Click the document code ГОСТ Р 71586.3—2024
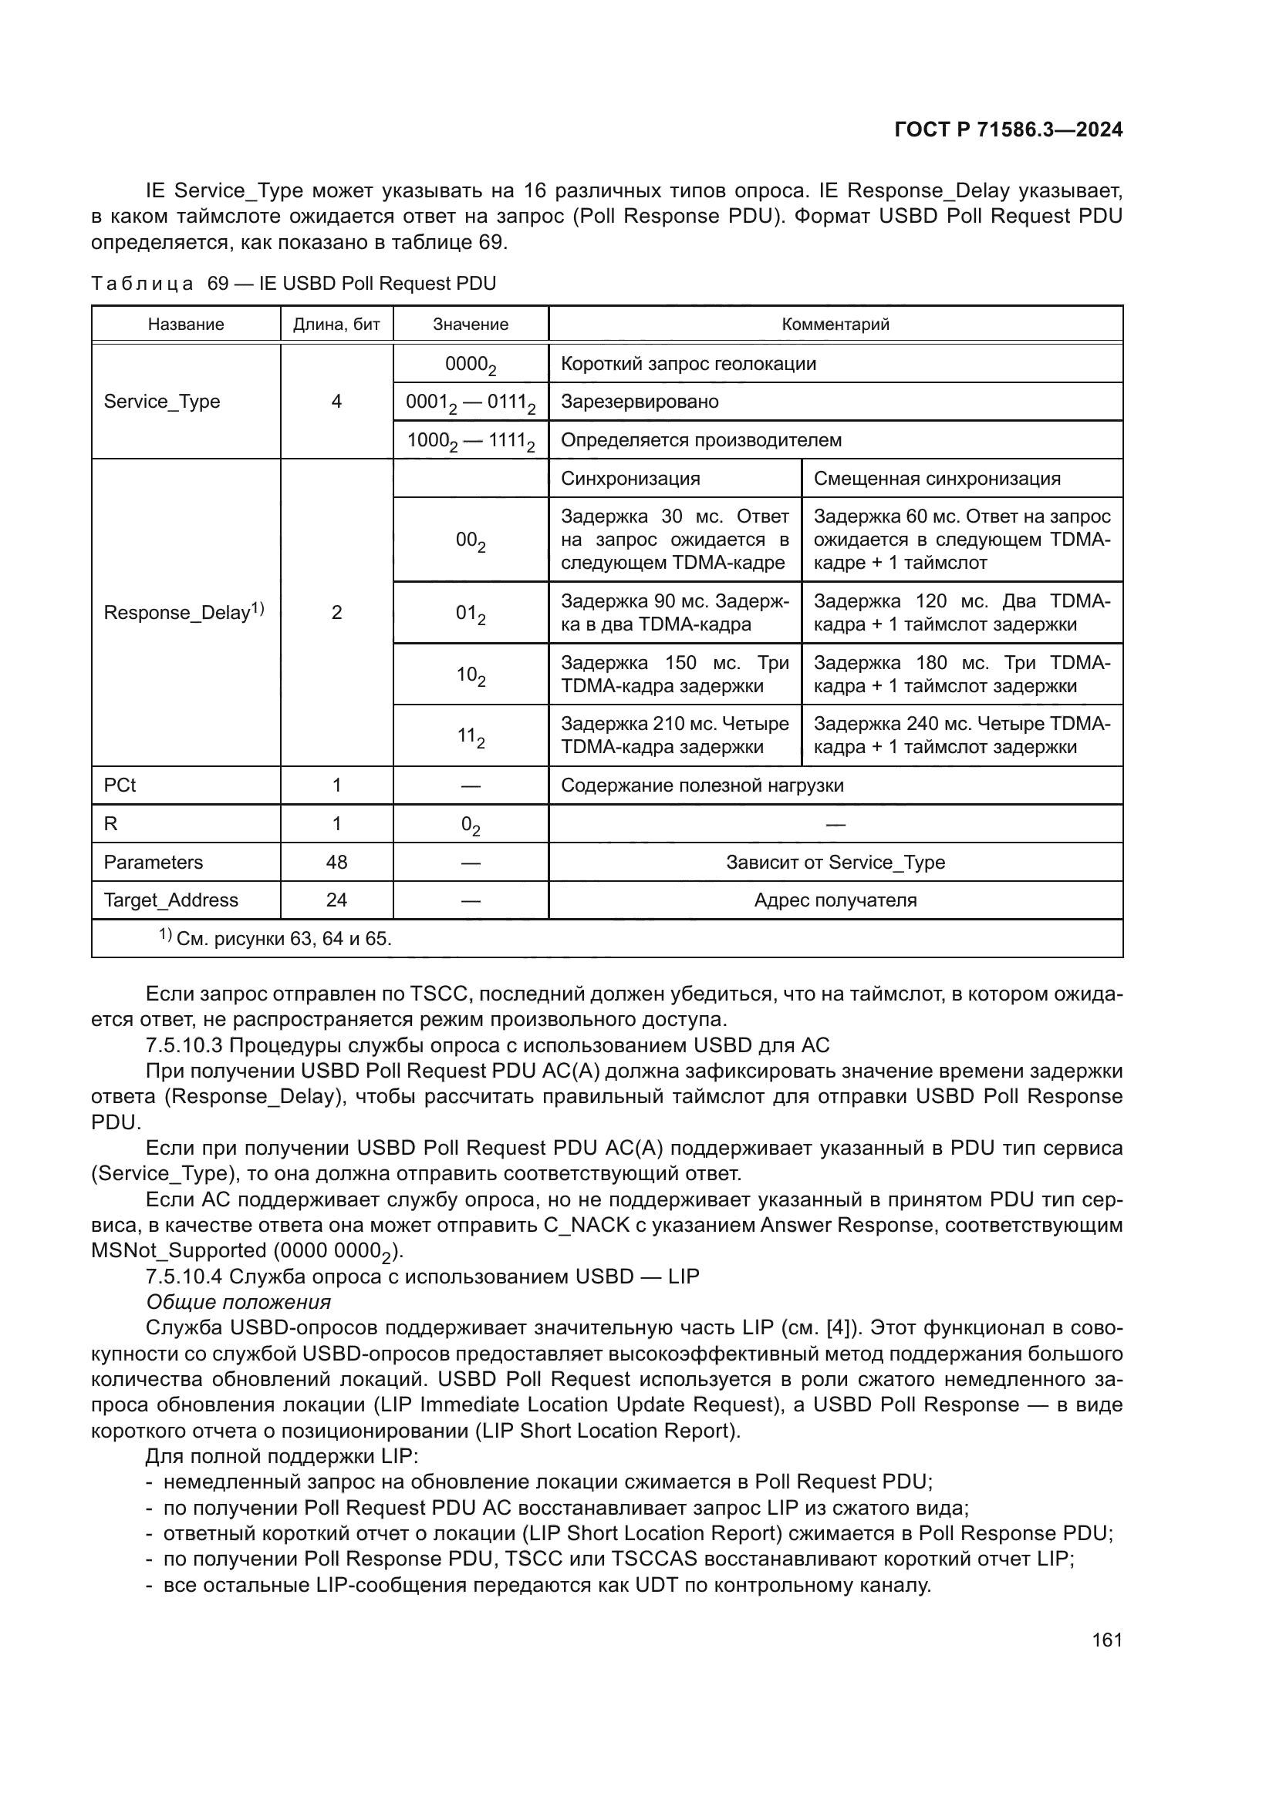(1008, 130)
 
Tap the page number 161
(1106, 1640)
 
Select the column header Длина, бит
(336, 325)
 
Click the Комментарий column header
(835, 325)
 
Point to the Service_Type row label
(162, 402)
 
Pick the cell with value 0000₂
(470, 365)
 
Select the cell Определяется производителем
(700, 439)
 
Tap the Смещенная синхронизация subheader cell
(937, 478)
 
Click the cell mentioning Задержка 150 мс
(674, 674)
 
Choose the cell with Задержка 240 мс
(962, 735)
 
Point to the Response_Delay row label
(183, 613)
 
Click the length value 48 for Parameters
(336, 863)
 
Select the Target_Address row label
(170, 900)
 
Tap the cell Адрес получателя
(835, 900)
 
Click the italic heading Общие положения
(238, 1302)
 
